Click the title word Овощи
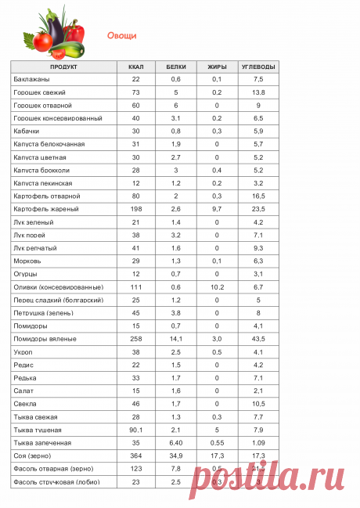(121, 35)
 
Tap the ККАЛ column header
(135, 67)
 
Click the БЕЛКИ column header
(176, 67)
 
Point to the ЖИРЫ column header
(217, 67)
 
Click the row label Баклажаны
(31, 80)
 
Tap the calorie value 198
(135, 209)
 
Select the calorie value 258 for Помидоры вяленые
(135, 338)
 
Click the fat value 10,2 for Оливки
(217, 286)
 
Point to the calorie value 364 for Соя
(135, 455)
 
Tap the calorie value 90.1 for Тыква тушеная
(135, 429)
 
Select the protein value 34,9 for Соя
(176, 455)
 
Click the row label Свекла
(25, 403)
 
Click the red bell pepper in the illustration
(72, 32)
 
